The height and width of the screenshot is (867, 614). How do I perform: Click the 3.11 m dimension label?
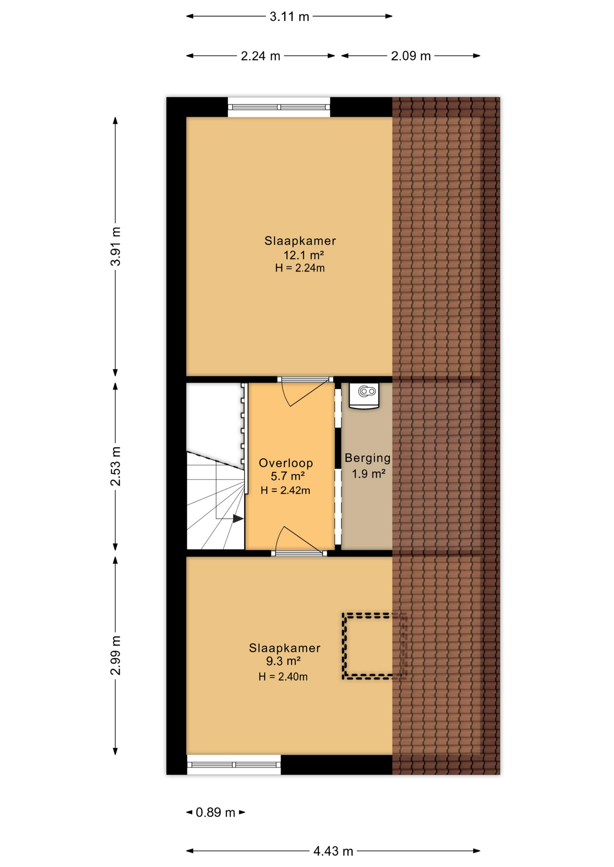[x=289, y=17]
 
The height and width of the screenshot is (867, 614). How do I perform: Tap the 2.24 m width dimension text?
[x=260, y=56]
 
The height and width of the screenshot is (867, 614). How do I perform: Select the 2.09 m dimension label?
[x=411, y=56]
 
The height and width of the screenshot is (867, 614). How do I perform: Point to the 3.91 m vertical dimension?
[x=116, y=247]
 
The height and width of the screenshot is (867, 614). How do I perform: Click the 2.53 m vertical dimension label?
[x=116, y=466]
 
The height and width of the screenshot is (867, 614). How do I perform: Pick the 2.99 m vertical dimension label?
[x=116, y=655]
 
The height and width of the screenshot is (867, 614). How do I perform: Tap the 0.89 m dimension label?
[x=216, y=812]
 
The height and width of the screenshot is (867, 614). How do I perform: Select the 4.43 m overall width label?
[x=333, y=851]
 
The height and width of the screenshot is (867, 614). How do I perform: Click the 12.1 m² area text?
[x=303, y=255]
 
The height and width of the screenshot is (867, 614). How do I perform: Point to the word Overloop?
[x=286, y=463]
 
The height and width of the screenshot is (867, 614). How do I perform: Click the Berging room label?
[x=368, y=458]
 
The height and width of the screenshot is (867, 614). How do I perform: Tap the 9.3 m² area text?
[x=283, y=661]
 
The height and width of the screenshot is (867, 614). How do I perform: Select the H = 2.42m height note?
[x=285, y=490]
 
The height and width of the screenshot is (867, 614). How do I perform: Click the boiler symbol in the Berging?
[x=364, y=396]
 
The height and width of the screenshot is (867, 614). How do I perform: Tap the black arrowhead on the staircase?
[x=238, y=519]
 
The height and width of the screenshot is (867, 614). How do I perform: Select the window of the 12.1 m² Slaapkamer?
[x=279, y=107]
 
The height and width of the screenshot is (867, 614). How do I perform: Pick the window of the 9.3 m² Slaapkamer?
[x=234, y=765]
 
